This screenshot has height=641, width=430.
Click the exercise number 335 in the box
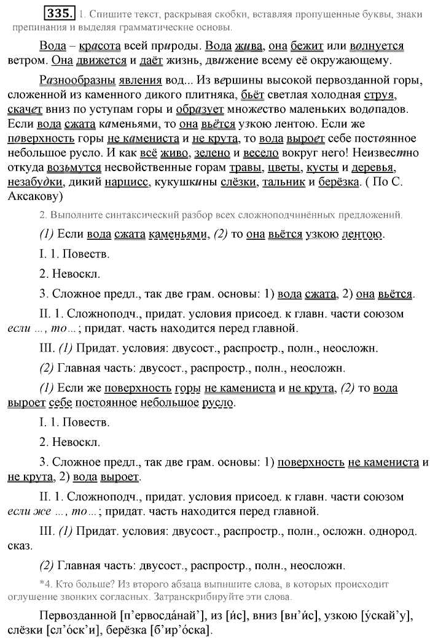click(x=60, y=12)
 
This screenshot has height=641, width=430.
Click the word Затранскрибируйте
click(x=227, y=596)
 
